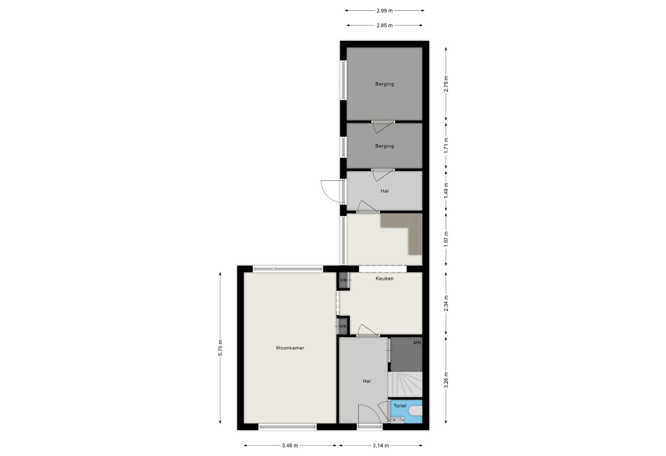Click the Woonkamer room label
coord(290,348)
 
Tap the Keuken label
coord(384,278)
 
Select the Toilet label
coord(400,406)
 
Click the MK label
coord(417,342)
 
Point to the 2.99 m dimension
coord(384,11)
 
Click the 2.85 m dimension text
coord(384,25)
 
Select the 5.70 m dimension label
coord(220,348)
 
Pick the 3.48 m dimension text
coord(290,445)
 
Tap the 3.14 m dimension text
coord(381,445)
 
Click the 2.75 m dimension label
coord(446,84)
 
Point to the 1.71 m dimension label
coord(446,146)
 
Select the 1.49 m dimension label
coord(446,191)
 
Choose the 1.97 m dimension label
coord(446,239)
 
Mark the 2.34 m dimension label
coord(446,303)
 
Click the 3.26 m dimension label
coord(446,380)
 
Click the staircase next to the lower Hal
coord(405,385)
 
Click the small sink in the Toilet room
coord(397,420)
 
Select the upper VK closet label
coord(343,280)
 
